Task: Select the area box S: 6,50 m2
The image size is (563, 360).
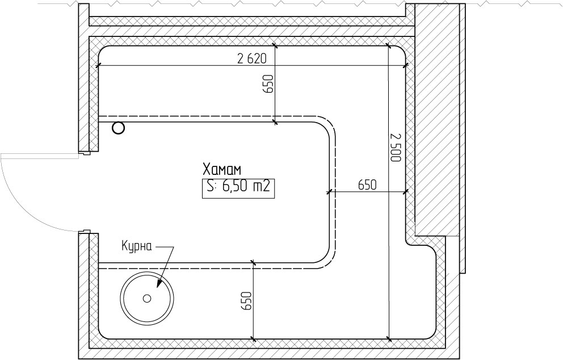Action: pyautogui.click(x=238, y=188)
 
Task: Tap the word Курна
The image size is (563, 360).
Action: pyautogui.click(x=137, y=247)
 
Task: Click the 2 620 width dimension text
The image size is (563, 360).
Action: pyautogui.click(x=252, y=58)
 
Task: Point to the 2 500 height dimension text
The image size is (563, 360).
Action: pyautogui.click(x=396, y=147)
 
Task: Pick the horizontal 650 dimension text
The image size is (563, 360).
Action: pyautogui.click(x=367, y=185)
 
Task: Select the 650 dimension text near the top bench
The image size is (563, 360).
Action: pyautogui.click(x=268, y=83)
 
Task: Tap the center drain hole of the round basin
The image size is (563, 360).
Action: pyautogui.click(x=147, y=298)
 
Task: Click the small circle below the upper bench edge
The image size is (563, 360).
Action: pyautogui.click(x=118, y=128)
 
